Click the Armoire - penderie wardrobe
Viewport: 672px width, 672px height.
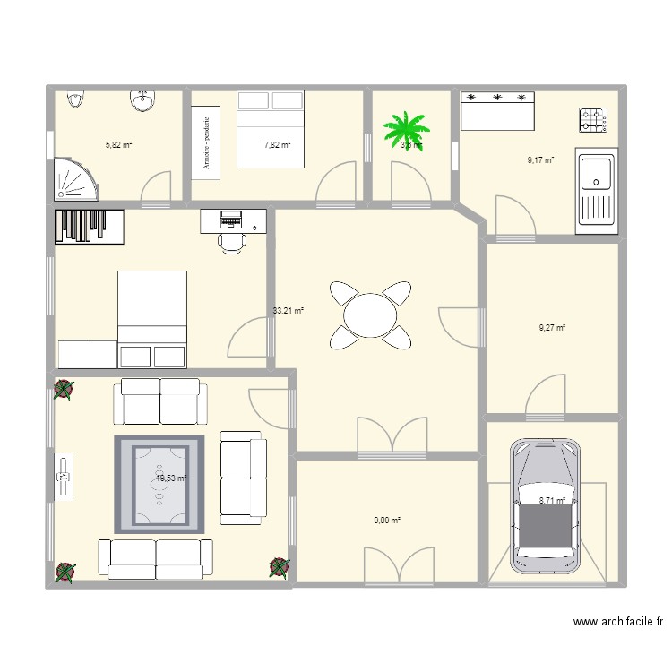coord(206,141)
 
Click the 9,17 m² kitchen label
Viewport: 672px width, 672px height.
coord(540,160)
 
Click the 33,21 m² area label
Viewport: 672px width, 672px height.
coord(289,312)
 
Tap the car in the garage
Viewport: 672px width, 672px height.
coord(546,507)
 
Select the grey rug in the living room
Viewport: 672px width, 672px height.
coord(159,483)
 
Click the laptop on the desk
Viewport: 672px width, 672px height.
coord(231,219)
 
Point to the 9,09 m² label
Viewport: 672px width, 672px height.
coord(387,519)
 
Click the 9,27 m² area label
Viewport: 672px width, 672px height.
coord(552,328)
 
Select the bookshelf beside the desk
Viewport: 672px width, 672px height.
coord(90,227)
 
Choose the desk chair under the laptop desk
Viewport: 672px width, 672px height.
coord(232,241)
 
